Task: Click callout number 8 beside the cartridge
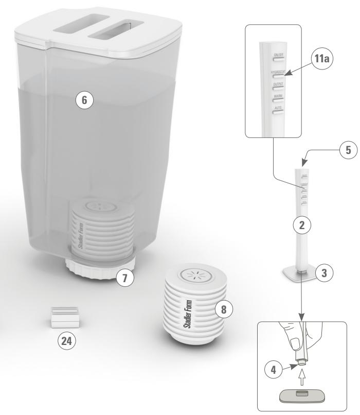pos(222,309)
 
